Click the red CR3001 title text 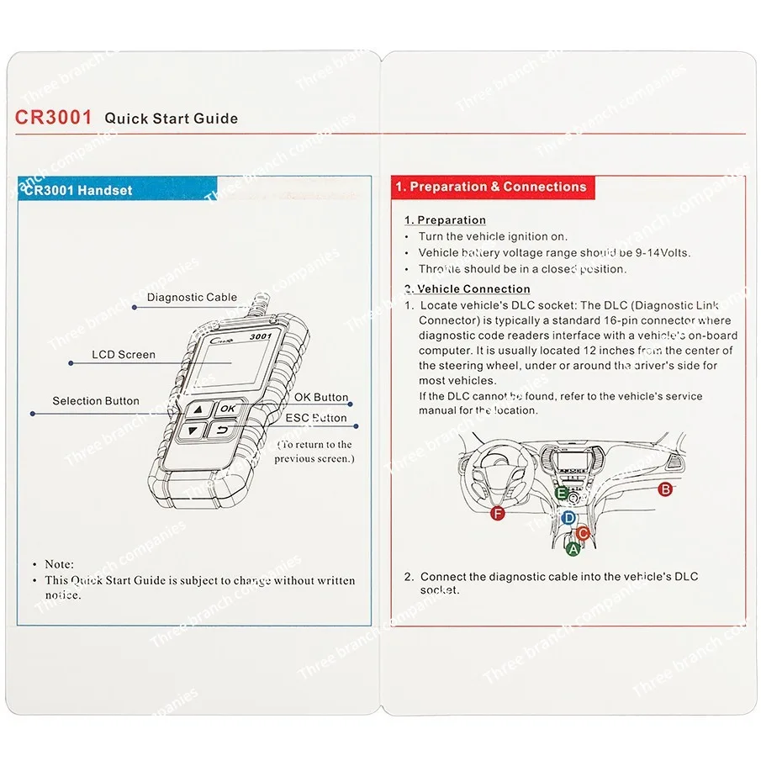click(x=53, y=118)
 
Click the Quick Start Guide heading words click(x=171, y=119)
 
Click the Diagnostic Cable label click(x=192, y=297)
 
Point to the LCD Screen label click(x=123, y=355)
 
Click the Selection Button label click(x=96, y=401)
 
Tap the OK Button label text click(x=320, y=397)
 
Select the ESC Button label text click(x=315, y=418)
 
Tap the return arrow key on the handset click(x=223, y=431)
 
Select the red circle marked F click(x=498, y=514)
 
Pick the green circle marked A click(x=573, y=549)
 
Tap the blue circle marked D click(x=568, y=518)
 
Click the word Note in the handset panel click(x=59, y=564)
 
